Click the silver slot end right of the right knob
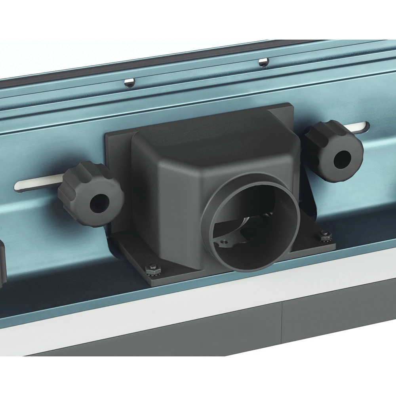(x=362, y=127)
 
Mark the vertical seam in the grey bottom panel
(x=282, y=321)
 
